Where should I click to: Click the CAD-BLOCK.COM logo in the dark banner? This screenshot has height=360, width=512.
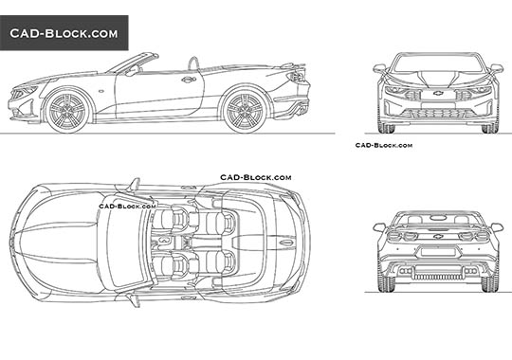pos(64,33)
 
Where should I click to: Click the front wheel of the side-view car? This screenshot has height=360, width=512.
pos(67,109)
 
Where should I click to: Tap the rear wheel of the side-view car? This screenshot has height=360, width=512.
pos(243,109)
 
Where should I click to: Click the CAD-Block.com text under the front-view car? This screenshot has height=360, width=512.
pos(383,145)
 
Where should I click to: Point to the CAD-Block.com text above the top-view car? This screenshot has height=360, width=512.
pos(256,177)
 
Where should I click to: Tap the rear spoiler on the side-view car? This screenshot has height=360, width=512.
pos(296,70)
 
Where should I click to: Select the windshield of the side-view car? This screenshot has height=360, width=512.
pos(125,64)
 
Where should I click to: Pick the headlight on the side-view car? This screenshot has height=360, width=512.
pos(25,91)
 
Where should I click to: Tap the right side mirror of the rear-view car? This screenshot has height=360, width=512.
pos(495,226)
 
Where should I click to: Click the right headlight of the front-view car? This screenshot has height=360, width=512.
pos(479,92)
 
